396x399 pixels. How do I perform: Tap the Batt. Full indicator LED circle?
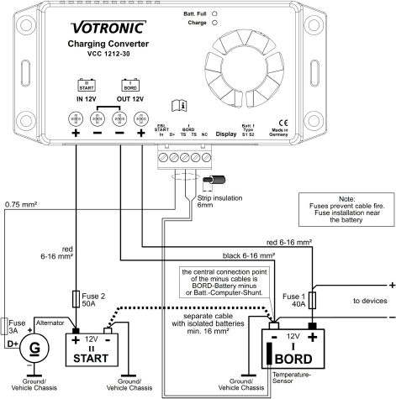pyautogui.click(x=215, y=14)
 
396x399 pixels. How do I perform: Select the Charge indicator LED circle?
pyautogui.click(x=215, y=24)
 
